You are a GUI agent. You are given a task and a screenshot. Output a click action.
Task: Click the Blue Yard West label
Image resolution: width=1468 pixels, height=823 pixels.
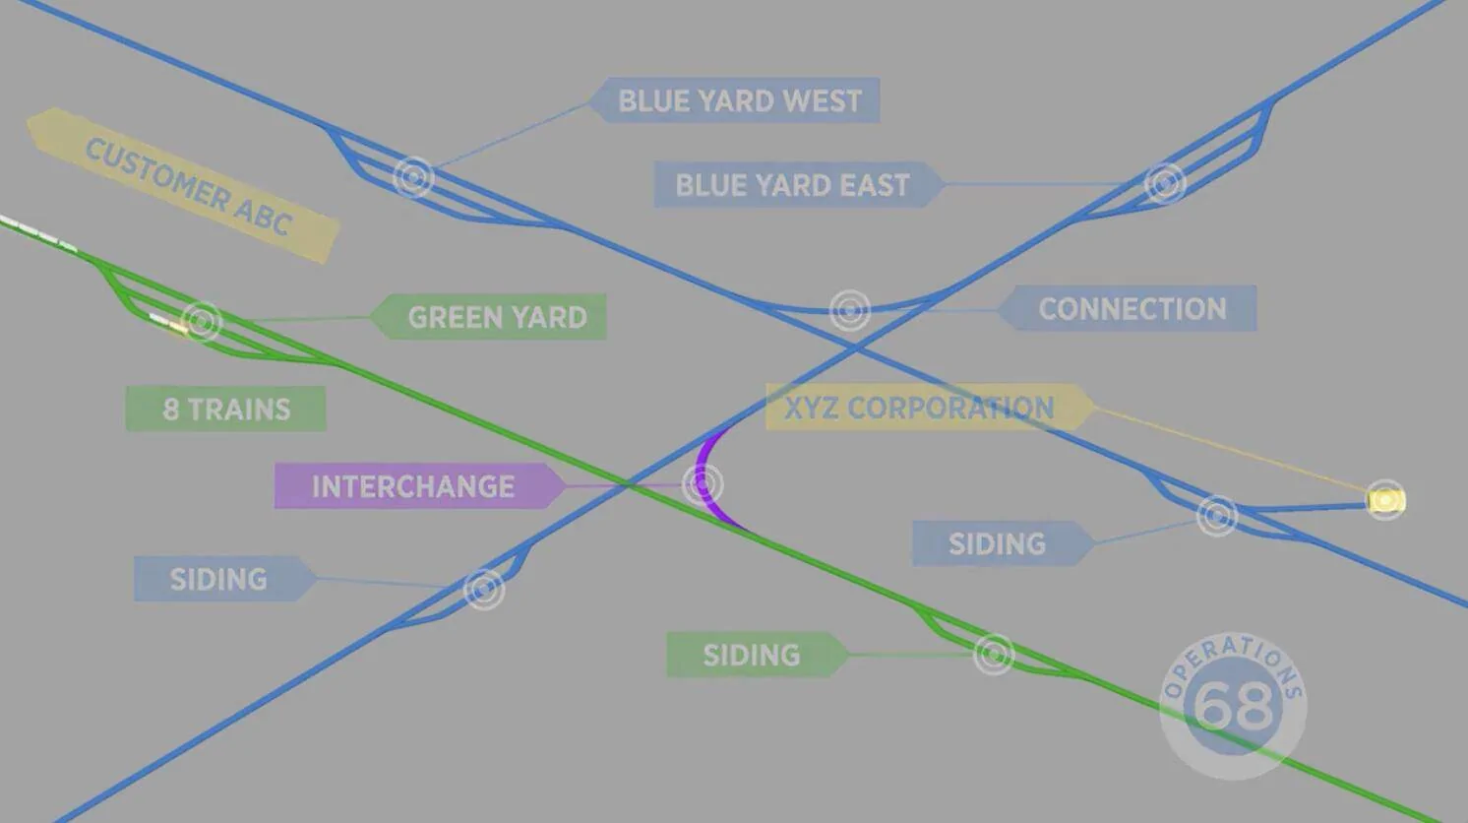coord(734,100)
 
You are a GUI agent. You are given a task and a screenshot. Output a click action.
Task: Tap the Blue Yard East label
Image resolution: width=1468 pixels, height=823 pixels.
coord(799,185)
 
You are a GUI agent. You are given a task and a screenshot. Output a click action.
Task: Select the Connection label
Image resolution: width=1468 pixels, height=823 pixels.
coord(1128,308)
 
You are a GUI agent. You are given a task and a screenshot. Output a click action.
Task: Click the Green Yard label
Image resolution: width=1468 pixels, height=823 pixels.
coord(488,317)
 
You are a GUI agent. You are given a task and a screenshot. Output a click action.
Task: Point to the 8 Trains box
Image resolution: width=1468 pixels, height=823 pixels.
coord(226,409)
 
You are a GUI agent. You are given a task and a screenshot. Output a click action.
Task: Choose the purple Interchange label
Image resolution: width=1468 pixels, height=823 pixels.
coord(419,486)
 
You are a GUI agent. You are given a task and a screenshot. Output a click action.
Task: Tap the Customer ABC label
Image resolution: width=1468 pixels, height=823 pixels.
coord(183,186)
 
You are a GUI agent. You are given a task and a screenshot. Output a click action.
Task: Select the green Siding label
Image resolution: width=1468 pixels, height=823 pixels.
coord(758,655)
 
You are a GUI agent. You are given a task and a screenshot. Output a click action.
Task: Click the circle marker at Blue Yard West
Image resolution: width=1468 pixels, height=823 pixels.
coord(413,177)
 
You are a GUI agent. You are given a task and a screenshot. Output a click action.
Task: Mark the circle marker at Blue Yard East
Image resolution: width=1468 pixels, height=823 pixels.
coord(1165,184)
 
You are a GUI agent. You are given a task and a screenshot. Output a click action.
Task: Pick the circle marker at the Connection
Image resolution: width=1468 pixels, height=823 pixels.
coord(850,310)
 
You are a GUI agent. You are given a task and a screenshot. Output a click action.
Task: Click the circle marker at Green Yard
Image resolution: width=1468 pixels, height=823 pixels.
coord(201,321)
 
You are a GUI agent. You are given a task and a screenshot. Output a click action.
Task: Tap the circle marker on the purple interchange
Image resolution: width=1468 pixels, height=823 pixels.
coord(703,484)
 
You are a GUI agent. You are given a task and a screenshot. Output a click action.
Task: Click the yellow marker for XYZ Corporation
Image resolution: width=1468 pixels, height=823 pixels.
coord(1385,500)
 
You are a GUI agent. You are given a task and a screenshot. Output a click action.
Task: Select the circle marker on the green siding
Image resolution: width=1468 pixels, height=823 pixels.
coord(994,654)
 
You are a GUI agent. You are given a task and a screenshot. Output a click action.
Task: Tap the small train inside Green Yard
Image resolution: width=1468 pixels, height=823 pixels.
coord(169,323)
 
